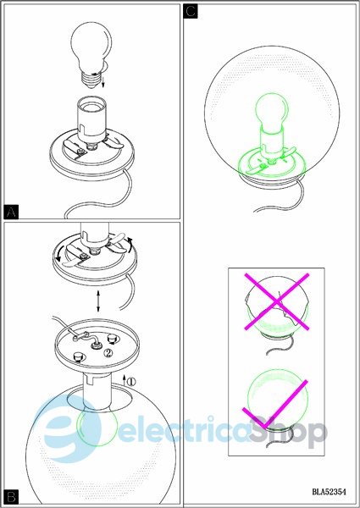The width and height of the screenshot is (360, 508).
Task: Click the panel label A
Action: point(11,212)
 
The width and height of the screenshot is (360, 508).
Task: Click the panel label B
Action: point(11,497)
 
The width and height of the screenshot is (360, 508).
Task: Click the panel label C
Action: point(191,11)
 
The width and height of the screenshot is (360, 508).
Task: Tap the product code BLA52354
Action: point(329,491)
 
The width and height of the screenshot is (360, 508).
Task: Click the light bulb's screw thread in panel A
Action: point(91,79)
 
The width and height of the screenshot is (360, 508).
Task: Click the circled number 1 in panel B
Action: point(131,382)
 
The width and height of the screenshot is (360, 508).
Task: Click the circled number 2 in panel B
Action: point(108,353)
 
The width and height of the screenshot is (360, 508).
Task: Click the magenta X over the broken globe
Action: point(276,301)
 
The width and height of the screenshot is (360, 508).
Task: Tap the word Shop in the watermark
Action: point(288,431)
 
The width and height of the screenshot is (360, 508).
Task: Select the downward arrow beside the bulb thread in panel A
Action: point(103,81)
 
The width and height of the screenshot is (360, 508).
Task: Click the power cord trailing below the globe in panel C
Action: point(285,201)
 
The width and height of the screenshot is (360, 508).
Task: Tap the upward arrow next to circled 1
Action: point(125,379)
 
